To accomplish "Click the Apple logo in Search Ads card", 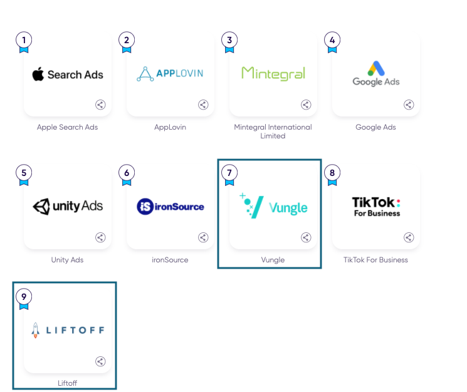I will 38,75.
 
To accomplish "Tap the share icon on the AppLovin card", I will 203,105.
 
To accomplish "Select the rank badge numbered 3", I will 229,41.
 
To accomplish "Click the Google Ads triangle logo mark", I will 376,68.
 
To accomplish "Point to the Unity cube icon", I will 41,206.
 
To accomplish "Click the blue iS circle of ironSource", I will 145,206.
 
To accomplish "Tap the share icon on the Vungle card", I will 306,237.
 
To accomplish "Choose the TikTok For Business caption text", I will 375,260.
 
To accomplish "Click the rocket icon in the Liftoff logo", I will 36,330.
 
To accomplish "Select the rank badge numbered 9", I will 24,296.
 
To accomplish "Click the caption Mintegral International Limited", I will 273,131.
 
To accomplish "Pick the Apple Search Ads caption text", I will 68,127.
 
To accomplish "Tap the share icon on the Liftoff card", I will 100,361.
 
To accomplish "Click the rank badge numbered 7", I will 229,173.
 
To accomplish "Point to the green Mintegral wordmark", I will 273,74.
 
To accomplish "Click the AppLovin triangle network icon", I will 145,74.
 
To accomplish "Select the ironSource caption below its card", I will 171,260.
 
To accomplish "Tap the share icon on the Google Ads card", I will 409,105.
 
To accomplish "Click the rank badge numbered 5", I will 24,173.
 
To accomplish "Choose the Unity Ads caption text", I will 67,260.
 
